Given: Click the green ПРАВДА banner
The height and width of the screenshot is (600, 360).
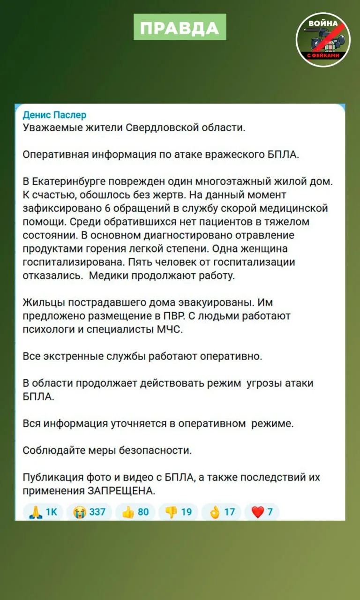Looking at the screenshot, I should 180,27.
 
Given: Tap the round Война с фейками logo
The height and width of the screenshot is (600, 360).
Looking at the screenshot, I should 323,40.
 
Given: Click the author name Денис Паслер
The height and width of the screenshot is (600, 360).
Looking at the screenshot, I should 54,115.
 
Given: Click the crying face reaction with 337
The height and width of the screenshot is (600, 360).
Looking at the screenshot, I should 90,512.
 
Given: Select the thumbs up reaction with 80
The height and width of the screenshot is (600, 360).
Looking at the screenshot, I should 135,512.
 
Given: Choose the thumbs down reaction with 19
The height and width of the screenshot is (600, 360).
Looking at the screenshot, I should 179,512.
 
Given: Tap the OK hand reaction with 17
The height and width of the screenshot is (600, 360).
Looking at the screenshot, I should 221,512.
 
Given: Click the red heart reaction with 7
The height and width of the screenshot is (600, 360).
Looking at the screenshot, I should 262,512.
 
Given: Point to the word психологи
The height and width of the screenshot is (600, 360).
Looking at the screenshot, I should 47,330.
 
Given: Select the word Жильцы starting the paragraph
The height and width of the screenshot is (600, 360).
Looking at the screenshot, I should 40,302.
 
